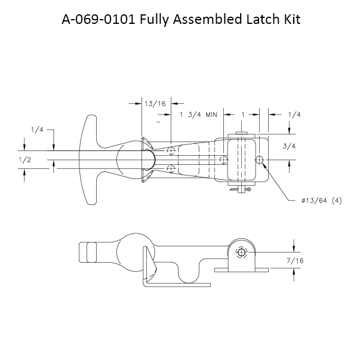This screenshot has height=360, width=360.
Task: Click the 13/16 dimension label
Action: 155,103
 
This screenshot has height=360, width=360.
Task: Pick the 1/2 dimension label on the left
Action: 25,159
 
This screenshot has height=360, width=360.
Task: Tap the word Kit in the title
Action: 289,20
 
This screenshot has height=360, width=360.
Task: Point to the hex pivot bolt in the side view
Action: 240,253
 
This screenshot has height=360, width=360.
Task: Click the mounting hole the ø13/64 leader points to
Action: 260,159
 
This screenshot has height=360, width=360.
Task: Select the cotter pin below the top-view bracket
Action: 241,190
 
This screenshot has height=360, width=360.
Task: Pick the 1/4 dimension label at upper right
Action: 294,115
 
